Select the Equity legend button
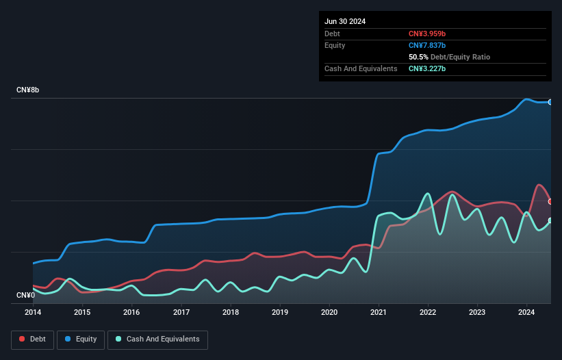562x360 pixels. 81,339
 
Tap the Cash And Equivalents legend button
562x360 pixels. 157,339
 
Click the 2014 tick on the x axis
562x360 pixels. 33,313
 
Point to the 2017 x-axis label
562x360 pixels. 181,313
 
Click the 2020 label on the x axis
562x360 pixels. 329,313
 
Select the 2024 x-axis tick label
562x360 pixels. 526,313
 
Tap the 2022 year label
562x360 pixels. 428,313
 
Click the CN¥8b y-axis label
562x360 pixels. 28,90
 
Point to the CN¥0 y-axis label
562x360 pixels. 25,296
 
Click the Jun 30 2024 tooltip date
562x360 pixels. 345,21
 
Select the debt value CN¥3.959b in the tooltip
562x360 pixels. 427,34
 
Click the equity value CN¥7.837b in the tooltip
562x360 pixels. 427,45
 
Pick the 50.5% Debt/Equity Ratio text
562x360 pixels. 449,57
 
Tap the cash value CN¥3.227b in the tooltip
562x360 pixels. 427,69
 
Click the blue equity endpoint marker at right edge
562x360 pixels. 550,102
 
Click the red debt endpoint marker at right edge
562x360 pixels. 550,201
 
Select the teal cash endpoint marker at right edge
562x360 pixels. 550,220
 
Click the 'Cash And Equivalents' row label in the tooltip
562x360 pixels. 361,69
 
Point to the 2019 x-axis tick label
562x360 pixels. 280,313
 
